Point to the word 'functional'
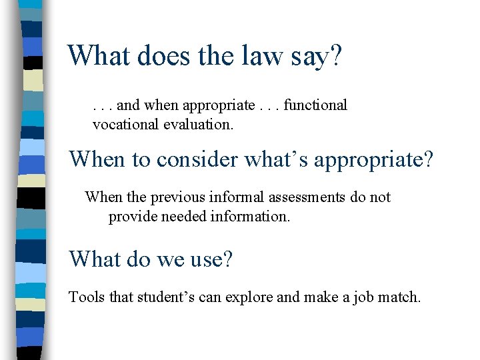(x=315, y=105)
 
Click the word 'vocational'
(x=126, y=124)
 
